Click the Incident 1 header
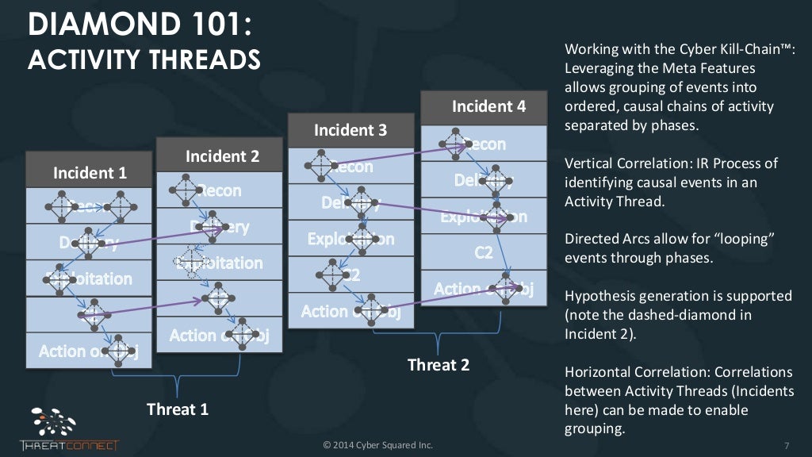[90, 172]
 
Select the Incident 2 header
[222, 156]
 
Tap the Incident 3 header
[350, 130]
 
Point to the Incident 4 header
[488, 106]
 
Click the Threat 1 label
[178, 409]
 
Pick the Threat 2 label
[439, 365]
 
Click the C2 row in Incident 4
[483, 252]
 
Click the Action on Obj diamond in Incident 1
[119, 348]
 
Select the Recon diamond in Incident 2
[182, 190]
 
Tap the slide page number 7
[785, 445]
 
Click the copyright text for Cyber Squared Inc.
[377, 445]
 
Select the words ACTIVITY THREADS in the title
[144, 60]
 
